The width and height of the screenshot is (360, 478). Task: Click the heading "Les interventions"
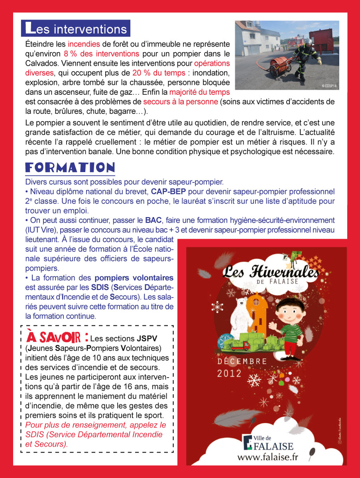pyautogui.click(x=76, y=29)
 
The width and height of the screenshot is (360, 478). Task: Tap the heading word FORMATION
pyautogui.click(x=70, y=167)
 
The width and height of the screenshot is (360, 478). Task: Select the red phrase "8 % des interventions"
pyautogui.click(x=101, y=54)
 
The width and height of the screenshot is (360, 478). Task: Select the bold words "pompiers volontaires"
pyautogui.click(x=134, y=278)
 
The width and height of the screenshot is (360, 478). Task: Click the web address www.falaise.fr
pyautogui.click(x=268, y=456)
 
